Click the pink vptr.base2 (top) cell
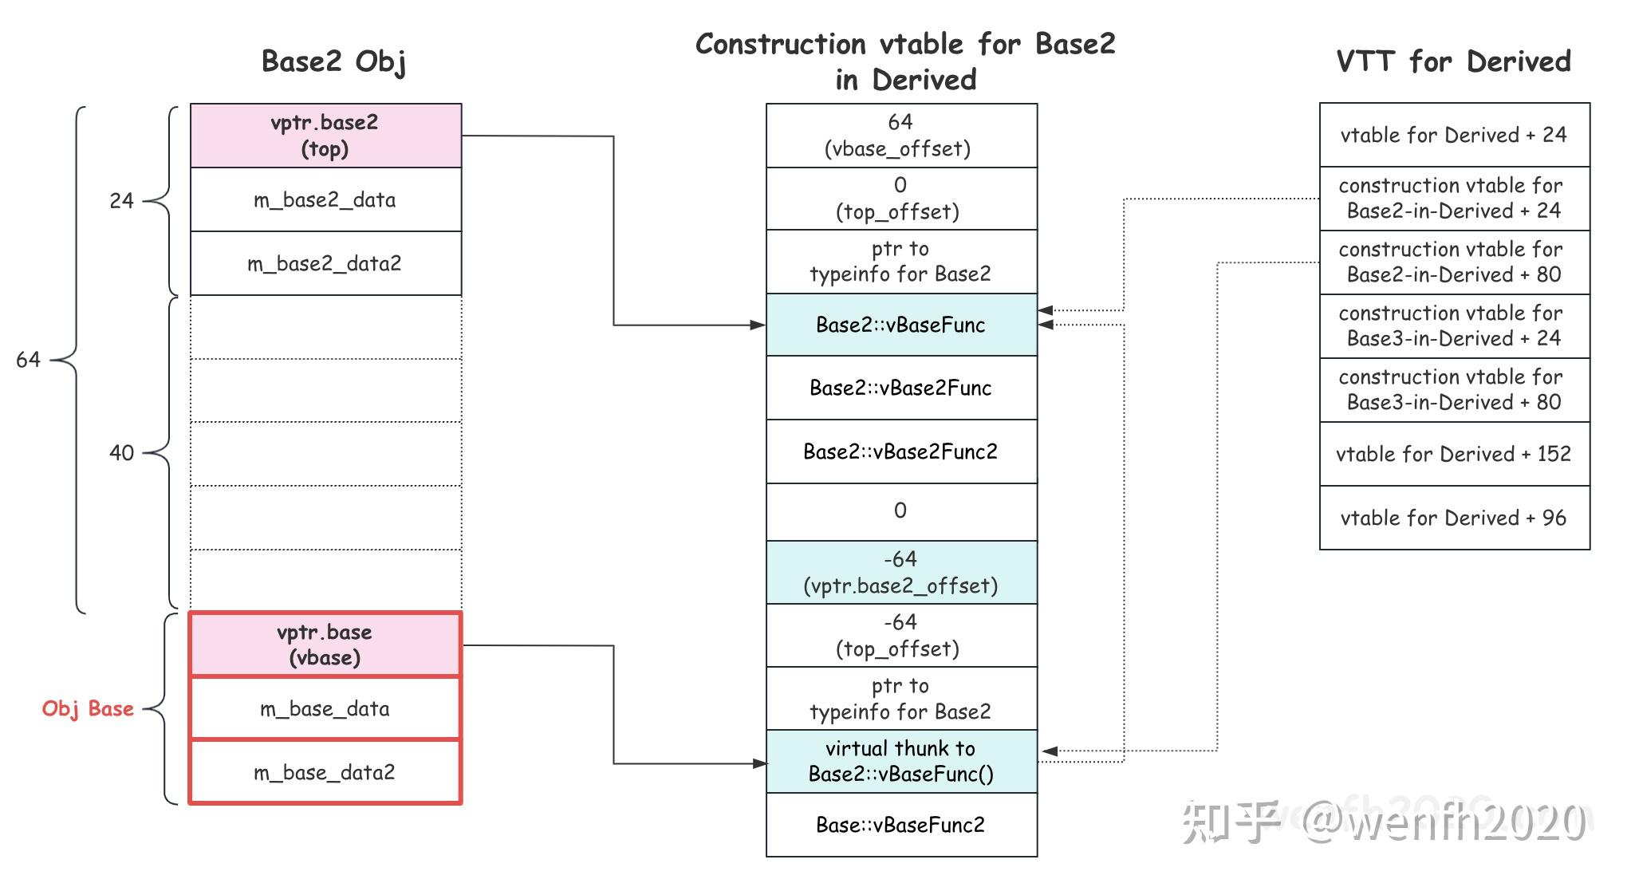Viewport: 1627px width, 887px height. (x=325, y=136)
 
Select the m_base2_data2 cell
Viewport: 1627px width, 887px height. (x=325, y=263)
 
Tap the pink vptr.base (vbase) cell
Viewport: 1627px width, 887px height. (x=325, y=645)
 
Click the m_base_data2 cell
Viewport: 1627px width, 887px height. (x=325, y=772)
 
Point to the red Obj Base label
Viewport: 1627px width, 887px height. (x=88, y=708)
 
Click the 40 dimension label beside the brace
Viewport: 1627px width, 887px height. (x=121, y=453)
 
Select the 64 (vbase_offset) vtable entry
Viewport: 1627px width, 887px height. (x=900, y=136)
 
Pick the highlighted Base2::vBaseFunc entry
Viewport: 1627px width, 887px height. (x=900, y=325)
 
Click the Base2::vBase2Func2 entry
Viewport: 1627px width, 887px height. (x=900, y=451)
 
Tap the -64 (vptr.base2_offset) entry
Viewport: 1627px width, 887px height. (x=900, y=573)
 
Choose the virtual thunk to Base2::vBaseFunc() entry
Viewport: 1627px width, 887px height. (x=900, y=761)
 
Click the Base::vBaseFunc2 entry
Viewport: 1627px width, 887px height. (x=900, y=825)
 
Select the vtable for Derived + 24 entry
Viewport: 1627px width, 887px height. (x=1454, y=135)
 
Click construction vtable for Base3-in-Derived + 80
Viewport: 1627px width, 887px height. (x=1454, y=389)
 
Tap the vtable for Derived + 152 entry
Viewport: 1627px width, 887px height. (x=1454, y=454)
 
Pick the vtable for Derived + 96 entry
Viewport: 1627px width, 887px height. (x=1454, y=518)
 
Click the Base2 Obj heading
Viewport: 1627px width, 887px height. (x=334, y=61)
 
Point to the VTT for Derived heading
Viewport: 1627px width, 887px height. (x=1454, y=61)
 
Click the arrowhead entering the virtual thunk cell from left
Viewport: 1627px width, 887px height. (x=759, y=763)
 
